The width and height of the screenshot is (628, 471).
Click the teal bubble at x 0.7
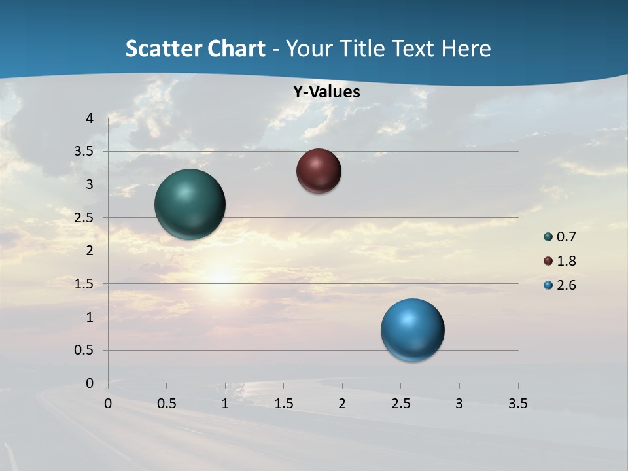pos(190,204)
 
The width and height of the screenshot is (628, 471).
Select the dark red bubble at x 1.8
pos(319,171)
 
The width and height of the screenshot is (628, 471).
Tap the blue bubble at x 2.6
pos(412,330)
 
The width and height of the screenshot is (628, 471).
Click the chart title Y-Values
pos(326,92)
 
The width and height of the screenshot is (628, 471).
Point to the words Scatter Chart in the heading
pos(195,48)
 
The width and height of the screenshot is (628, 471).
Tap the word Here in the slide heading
pos(465,48)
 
